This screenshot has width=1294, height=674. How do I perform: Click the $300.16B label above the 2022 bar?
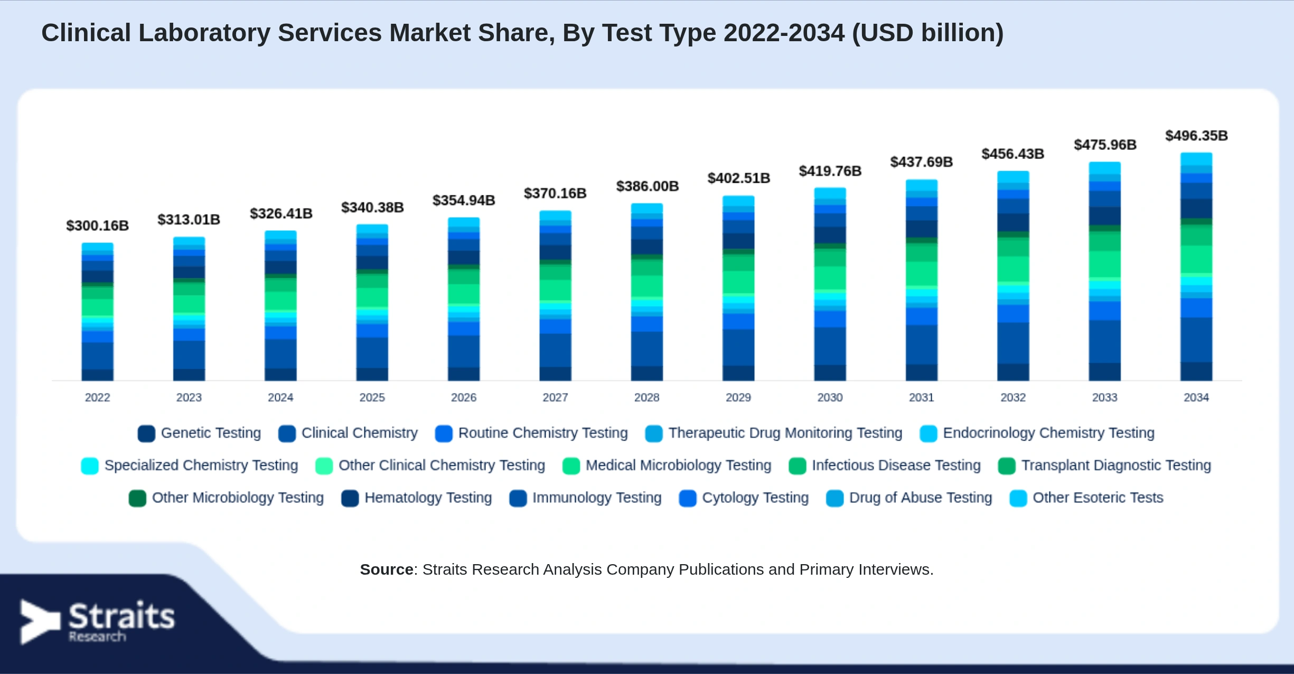(x=98, y=226)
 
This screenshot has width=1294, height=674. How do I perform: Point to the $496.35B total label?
(x=1196, y=136)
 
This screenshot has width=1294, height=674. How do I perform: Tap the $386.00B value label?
(x=647, y=186)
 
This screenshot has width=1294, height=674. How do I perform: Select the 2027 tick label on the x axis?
(x=555, y=397)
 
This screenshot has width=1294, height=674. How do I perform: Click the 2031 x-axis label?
(x=921, y=397)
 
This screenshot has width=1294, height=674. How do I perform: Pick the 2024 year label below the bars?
(x=280, y=397)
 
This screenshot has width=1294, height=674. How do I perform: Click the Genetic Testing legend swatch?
(x=146, y=434)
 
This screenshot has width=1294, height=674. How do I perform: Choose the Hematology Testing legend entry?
(x=417, y=498)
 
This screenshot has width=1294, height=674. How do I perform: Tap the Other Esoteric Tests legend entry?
(x=1086, y=498)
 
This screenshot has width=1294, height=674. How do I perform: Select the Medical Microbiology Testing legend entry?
(x=667, y=466)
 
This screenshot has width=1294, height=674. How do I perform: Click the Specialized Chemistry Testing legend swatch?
(x=90, y=466)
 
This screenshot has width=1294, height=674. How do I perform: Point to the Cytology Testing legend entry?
(x=744, y=498)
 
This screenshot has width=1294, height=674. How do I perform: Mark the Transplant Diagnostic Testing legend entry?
(x=1105, y=466)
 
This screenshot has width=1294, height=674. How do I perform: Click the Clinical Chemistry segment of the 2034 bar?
(x=1196, y=340)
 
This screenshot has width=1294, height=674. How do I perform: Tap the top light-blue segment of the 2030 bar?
(x=830, y=193)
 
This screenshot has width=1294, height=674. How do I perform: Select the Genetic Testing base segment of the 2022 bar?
(x=97, y=375)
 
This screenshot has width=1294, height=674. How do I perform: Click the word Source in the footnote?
(x=387, y=569)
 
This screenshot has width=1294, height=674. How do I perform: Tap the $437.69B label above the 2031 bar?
(x=921, y=162)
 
